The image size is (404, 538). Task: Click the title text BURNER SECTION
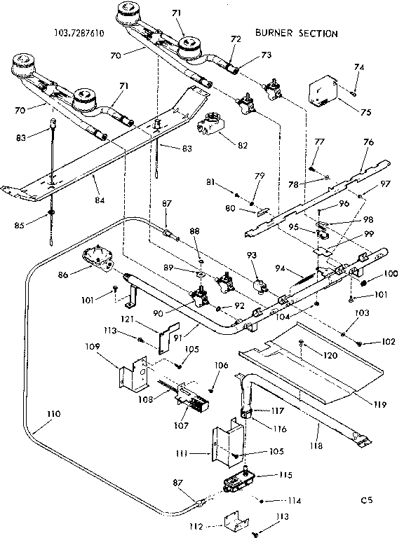point(296,33)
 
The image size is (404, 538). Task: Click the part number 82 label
point(242,145)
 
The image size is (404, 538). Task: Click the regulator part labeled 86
point(99,256)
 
